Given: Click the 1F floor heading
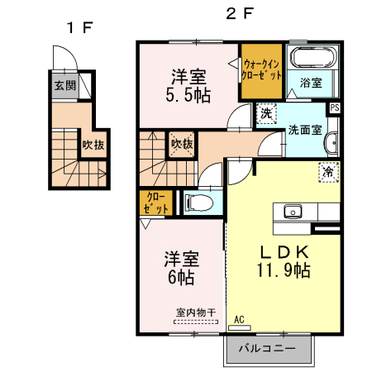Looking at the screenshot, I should (x=80, y=27).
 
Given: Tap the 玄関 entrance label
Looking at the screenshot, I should (x=64, y=85).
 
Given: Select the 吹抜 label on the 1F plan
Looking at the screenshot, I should (x=92, y=145).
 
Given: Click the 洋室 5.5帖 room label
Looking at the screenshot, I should (x=189, y=86).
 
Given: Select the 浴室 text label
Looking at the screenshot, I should (x=311, y=83).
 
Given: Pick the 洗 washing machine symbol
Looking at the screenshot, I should (x=268, y=112).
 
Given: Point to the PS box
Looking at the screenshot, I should (x=335, y=107).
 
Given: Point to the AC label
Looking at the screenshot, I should (x=240, y=318).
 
